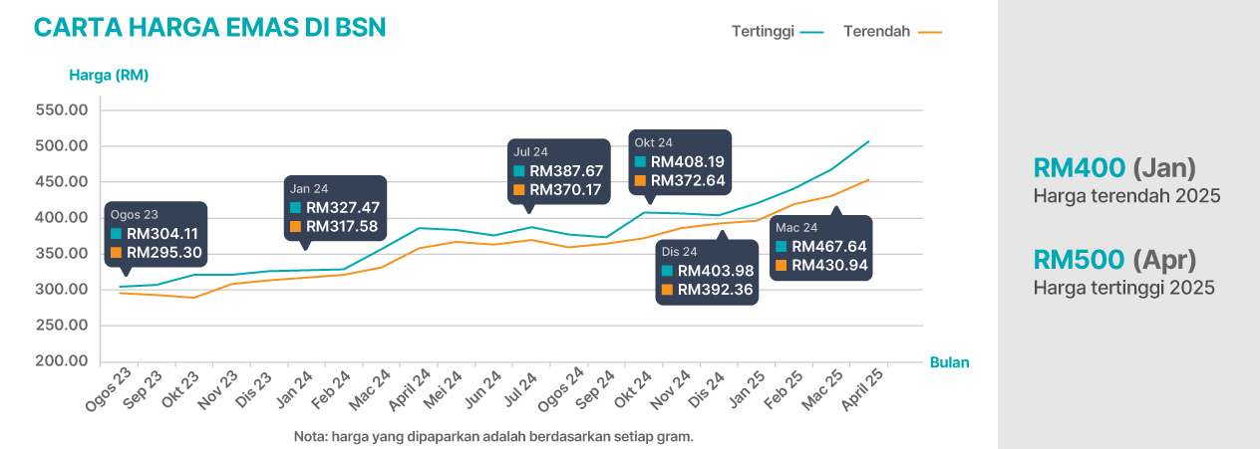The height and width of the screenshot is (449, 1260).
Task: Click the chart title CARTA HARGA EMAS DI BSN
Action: [x=209, y=28]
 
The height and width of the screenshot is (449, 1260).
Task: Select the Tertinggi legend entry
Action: [x=763, y=32]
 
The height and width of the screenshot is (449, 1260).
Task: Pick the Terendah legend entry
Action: [x=876, y=32]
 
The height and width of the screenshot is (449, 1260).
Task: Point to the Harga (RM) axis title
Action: [x=109, y=75]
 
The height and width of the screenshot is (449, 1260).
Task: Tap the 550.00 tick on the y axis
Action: [x=62, y=111]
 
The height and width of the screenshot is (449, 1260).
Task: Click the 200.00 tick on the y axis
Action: [x=62, y=361]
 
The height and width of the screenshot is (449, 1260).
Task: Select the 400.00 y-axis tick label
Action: [x=62, y=218]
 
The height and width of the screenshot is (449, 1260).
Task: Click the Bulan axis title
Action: [x=949, y=362]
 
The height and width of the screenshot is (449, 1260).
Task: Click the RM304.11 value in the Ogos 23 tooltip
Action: [x=164, y=234]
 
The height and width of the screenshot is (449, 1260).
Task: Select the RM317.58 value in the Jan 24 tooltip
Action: [x=343, y=227]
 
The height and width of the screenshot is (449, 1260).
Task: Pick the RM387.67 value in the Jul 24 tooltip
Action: [x=566, y=171]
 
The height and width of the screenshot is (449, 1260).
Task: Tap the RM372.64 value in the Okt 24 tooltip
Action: [x=688, y=180]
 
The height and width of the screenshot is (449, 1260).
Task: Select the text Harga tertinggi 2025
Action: [x=1124, y=289]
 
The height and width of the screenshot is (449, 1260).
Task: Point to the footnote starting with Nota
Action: [x=493, y=436]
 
